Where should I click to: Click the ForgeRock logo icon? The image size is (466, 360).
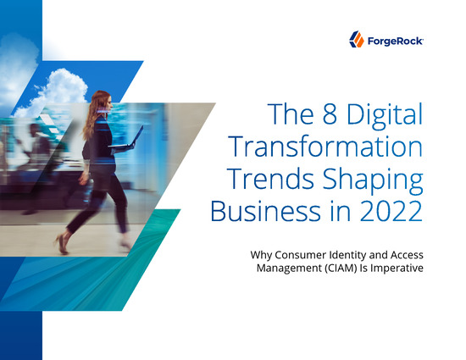tap(357, 39)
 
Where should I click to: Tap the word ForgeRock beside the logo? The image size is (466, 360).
tap(396, 41)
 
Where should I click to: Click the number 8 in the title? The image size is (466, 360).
tap(330, 114)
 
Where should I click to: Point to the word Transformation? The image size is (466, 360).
tap(325, 147)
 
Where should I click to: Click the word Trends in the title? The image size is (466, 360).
tap(271, 179)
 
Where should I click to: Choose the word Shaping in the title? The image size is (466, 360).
tap(373, 181)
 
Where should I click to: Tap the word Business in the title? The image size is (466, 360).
tap(266, 211)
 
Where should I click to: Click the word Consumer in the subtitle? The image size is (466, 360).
tap(300, 255)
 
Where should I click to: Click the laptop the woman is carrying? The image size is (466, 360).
tap(126, 138)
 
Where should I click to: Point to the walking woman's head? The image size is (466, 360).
tap(103, 102)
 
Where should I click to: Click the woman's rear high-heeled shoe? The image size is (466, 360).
tap(62, 244)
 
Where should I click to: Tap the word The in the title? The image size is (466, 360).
tap(291, 114)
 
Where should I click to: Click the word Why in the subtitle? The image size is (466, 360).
tap(261, 256)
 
